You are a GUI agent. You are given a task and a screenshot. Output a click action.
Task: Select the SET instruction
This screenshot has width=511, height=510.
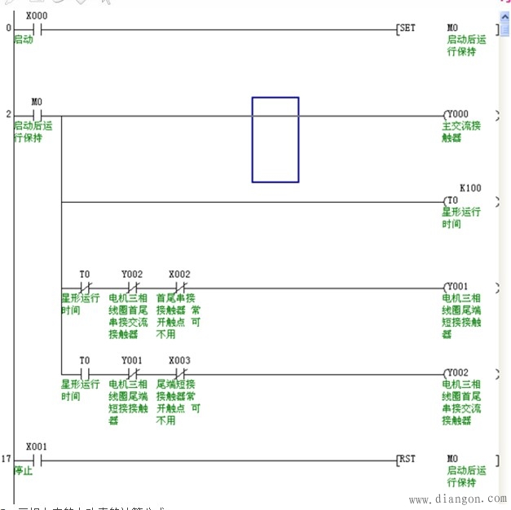coord(407,28)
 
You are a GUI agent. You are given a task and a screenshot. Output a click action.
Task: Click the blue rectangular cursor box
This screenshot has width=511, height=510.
coord(275,139)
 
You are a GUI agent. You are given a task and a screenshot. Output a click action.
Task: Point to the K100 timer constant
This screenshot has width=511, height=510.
coord(470,188)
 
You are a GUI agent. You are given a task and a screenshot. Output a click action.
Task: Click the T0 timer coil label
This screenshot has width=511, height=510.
coord(452,200)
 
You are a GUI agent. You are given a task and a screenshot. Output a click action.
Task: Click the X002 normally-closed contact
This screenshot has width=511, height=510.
coord(179,287)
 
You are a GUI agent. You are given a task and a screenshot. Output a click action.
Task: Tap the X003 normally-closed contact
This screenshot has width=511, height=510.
coord(179,372)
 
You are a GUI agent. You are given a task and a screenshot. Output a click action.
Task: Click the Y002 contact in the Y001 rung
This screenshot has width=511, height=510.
coord(132,287)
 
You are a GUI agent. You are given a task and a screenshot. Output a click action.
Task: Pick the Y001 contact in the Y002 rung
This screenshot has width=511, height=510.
coord(132,372)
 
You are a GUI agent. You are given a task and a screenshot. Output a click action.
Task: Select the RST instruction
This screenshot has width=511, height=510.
coord(407,459)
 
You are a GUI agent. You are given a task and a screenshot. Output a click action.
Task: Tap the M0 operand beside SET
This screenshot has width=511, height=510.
coord(453,28)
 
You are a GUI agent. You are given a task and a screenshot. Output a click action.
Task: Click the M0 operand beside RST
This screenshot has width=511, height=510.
coord(453,459)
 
